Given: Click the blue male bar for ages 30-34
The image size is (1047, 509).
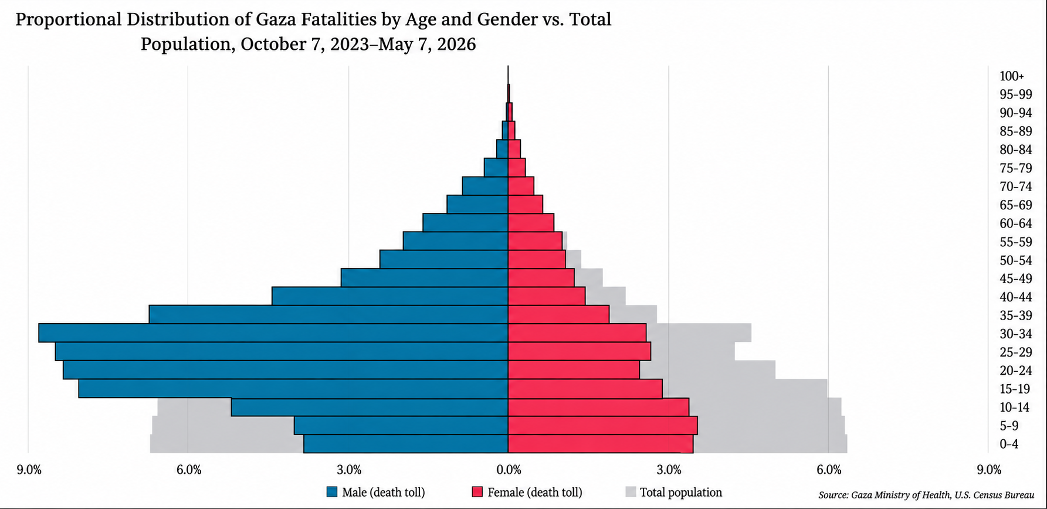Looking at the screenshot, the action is click(273, 333).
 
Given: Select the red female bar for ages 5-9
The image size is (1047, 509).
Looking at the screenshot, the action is click(602, 425).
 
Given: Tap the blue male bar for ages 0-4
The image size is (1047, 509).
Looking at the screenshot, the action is click(406, 444).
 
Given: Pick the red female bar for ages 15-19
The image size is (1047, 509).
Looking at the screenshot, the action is click(585, 389).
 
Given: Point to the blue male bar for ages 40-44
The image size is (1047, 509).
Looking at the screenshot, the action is click(390, 296).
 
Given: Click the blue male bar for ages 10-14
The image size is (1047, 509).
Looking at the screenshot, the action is click(370, 407).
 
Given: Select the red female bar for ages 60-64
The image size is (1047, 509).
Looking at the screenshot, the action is click(531, 222).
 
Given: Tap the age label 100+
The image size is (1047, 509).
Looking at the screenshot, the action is click(1012, 76).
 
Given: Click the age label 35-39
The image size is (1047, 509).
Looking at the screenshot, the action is click(1016, 315).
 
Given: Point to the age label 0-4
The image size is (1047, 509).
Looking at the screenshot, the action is click(1009, 444).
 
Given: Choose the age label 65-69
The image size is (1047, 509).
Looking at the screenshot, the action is click(1016, 205).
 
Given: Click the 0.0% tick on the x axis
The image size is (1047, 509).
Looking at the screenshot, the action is click(509, 470).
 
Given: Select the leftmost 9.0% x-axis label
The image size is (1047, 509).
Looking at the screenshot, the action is click(29, 470).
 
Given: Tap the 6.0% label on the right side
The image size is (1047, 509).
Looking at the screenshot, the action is click(829, 470).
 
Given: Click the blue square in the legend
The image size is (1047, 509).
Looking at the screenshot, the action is click(333, 492).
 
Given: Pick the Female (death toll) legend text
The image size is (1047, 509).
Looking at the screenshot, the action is click(535, 493).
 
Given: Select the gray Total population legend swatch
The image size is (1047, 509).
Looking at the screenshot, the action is click(631, 492).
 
